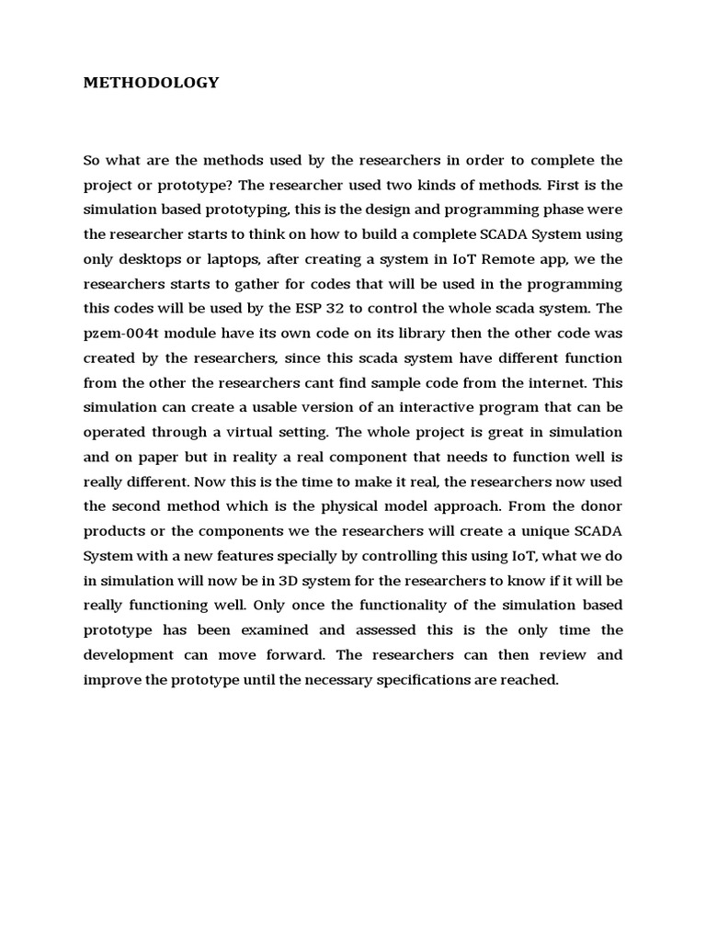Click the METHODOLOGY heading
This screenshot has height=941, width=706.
tap(152, 83)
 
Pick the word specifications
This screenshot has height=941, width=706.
tap(445, 680)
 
